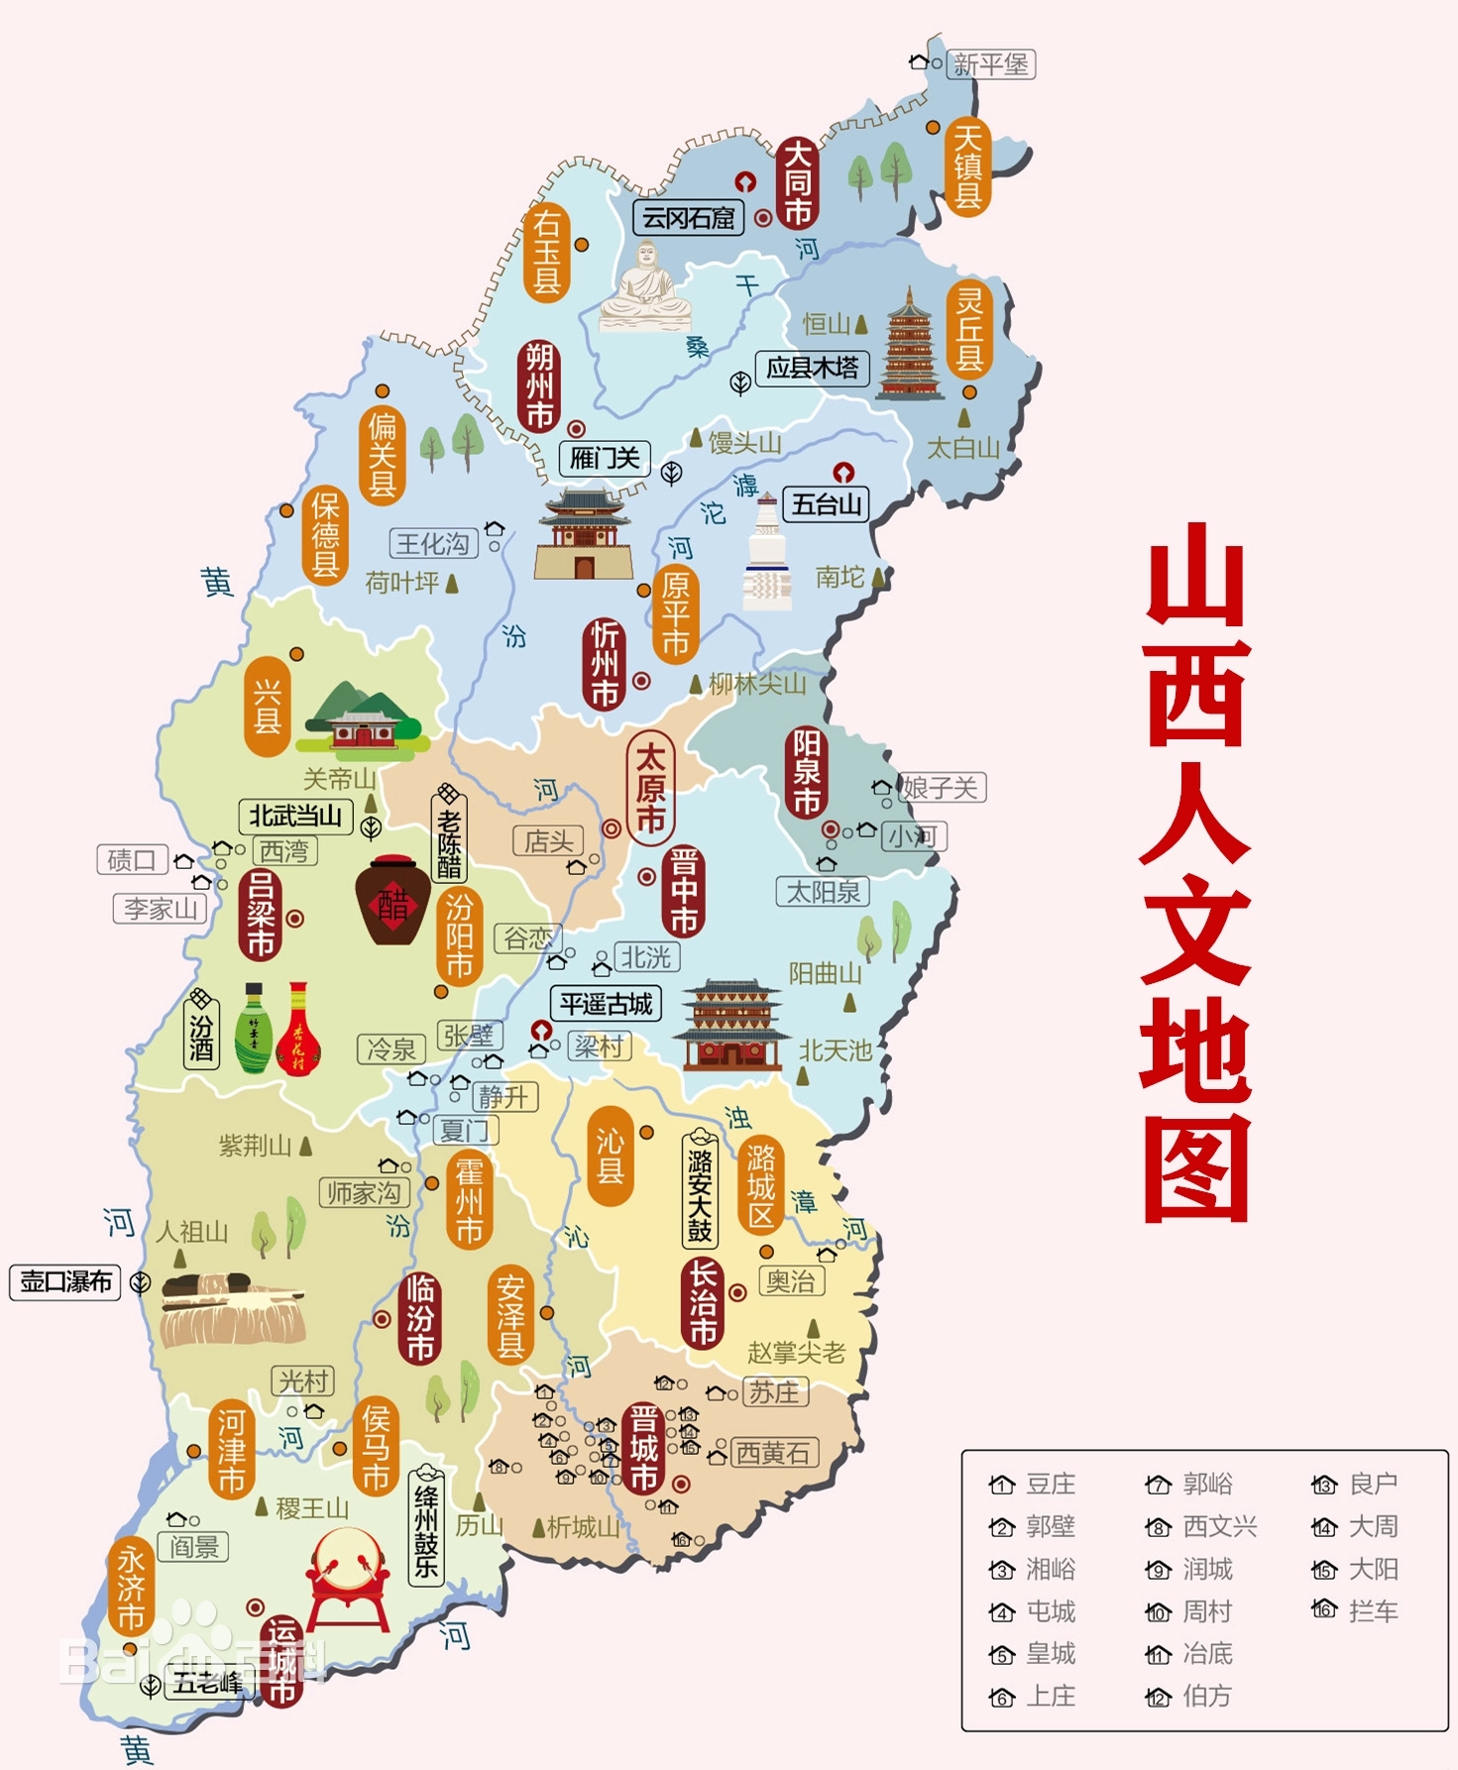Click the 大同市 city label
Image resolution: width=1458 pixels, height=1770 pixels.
pyautogui.click(x=798, y=184)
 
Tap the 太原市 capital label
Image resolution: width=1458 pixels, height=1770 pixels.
pyautogui.click(x=649, y=788)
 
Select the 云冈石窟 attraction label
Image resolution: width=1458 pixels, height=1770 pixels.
pyautogui.click(x=688, y=218)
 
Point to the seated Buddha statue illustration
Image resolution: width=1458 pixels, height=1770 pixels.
pyautogui.click(x=645, y=287)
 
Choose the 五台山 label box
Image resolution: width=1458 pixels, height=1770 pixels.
pyautogui.click(x=826, y=504)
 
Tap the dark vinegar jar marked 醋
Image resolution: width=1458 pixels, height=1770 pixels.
pyautogui.click(x=393, y=901)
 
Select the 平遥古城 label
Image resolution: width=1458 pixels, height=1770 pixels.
pyautogui.click(x=606, y=1004)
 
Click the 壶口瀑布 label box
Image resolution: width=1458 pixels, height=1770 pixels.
pyautogui.click(x=65, y=1281)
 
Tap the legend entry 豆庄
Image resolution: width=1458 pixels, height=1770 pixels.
pyautogui.click(x=1050, y=1484)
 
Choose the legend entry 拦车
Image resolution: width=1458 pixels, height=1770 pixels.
pyautogui.click(x=1373, y=1611)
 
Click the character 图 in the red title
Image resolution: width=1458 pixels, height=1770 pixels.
pyautogui.click(x=1196, y=1169)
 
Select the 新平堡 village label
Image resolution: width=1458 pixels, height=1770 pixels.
pyautogui.click(x=990, y=65)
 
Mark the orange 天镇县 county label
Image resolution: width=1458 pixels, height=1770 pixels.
pyautogui.click(x=967, y=166)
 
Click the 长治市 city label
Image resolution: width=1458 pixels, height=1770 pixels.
pyautogui.click(x=703, y=1302)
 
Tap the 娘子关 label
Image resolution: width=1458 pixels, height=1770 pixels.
pyautogui.click(x=941, y=788)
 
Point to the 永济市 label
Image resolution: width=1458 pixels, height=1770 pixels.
pyautogui.click(x=132, y=1587)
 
